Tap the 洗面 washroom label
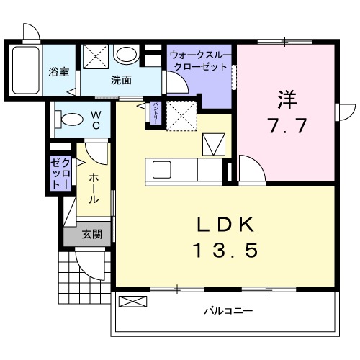pos(121,81)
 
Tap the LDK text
pos(225,224)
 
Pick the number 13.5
pos(225,251)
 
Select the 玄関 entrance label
pos(91,233)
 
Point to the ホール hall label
pos(94,187)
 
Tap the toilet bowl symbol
pos(71,119)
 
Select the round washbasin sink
pos(127,55)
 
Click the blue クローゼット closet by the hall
pos(59,173)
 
